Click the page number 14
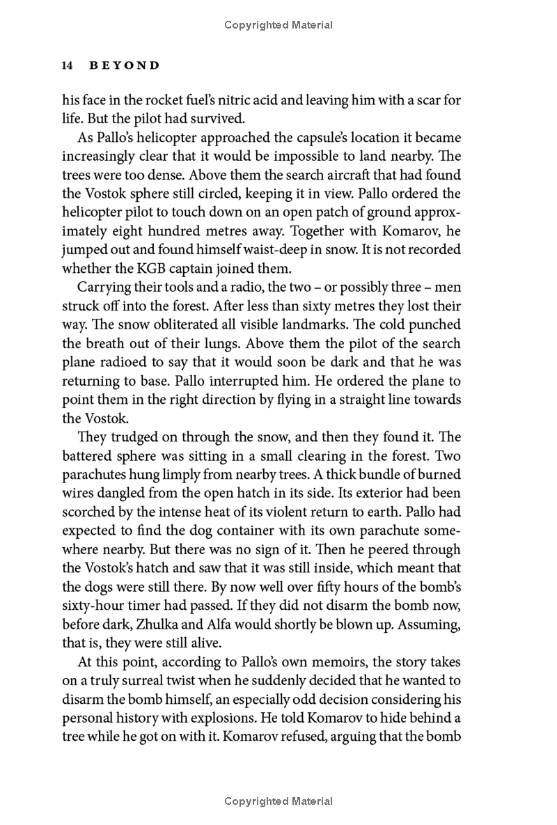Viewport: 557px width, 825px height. coord(68,66)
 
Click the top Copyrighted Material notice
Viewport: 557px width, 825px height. coord(278,26)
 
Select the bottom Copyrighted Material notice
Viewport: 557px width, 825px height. coord(278,802)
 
